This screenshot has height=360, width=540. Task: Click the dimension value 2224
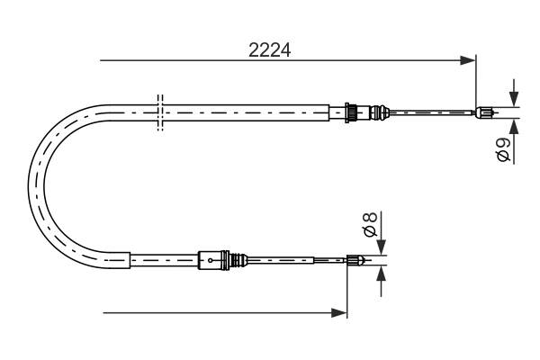[x=269, y=50]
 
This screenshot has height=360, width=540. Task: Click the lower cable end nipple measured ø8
[x=355, y=261]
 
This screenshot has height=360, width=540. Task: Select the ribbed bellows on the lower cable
[x=238, y=260]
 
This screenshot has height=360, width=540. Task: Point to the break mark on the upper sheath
[x=160, y=112]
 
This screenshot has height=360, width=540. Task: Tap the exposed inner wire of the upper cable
[x=432, y=112]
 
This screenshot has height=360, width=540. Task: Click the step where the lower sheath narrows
[x=131, y=260]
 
